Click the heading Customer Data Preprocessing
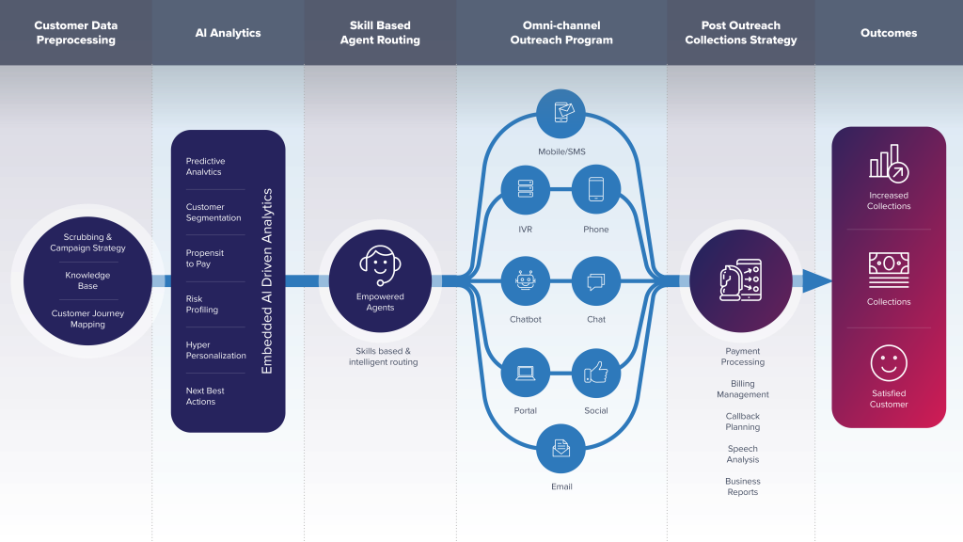(x=76, y=33)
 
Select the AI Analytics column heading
(x=228, y=33)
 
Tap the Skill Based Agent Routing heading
(x=380, y=33)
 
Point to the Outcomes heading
(x=889, y=33)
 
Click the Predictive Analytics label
(x=206, y=167)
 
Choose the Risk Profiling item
(x=201, y=304)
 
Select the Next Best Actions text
(x=205, y=396)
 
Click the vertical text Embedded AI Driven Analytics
(x=267, y=281)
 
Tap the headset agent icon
(x=379, y=264)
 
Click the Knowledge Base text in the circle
(x=87, y=280)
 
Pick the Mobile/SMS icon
(x=562, y=114)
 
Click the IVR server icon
(x=526, y=188)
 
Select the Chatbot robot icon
(x=525, y=280)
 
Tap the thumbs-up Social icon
(x=596, y=374)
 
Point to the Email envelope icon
(x=561, y=448)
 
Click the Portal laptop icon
(x=526, y=374)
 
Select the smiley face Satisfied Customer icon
(x=889, y=363)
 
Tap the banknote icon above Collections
(x=889, y=269)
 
